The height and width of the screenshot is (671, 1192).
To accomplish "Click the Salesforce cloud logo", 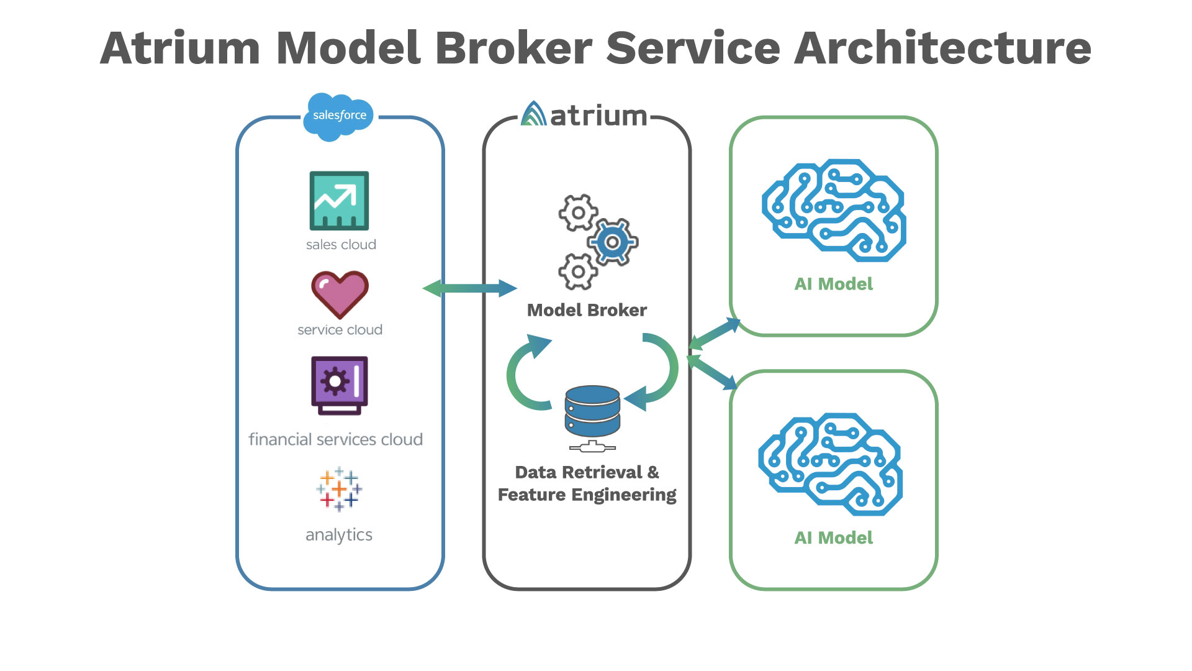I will (338, 116).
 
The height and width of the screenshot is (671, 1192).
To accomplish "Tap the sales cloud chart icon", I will (339, 201).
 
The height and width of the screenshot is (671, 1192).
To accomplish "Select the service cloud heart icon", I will (340, 294).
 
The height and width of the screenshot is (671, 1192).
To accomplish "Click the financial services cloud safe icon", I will (340, 385).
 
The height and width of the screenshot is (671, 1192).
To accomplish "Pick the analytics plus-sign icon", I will (339, 489).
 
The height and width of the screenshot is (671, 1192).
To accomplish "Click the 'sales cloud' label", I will (341, 245).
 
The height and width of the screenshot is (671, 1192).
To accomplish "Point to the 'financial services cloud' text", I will (335, 440).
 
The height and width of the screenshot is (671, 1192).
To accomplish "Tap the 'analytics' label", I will (339, 535).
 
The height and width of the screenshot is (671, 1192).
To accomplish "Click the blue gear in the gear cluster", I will (613, 242).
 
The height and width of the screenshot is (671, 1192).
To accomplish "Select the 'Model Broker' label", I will (587, 310).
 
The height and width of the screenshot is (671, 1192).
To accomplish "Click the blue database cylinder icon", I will (592, 411).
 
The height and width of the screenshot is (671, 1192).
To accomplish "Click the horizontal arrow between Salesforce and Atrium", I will (469, 288).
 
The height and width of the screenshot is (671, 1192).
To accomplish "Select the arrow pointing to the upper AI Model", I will (715, 334).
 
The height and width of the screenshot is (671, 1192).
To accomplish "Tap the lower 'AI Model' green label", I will (833, 538).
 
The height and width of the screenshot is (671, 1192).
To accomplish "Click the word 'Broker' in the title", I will (513, 48).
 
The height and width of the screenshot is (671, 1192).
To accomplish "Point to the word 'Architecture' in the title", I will (942, 48).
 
